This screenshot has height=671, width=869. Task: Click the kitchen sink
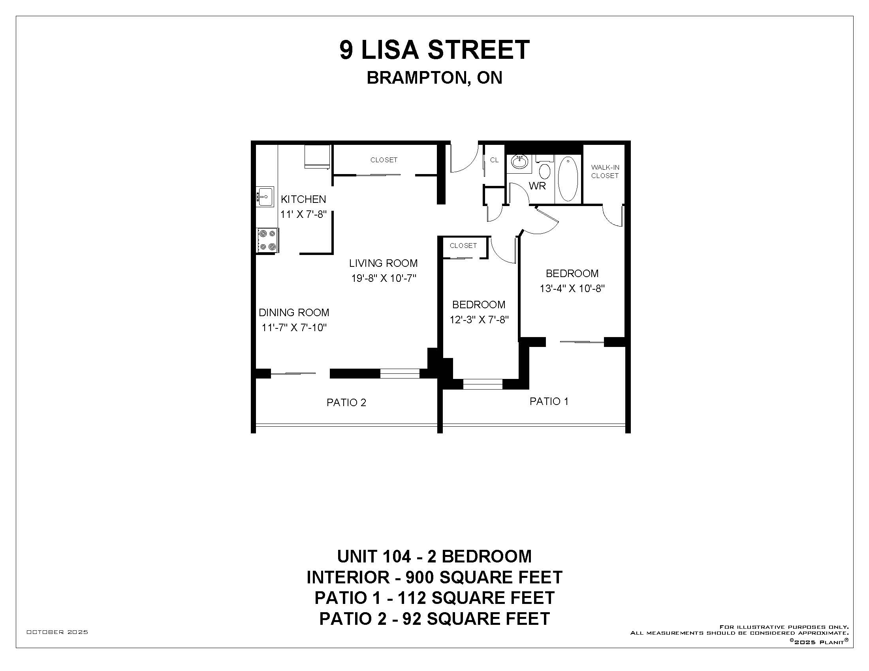pos(265,197)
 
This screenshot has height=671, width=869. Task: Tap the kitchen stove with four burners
pos(267,240)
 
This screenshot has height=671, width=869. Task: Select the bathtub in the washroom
pos(568,178)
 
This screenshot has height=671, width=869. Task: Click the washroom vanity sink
pos(519,162)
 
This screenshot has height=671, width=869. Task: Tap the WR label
pos(537,186)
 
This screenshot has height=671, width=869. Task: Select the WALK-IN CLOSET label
pos(605,171)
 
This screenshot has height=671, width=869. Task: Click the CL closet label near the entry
pos(494,160)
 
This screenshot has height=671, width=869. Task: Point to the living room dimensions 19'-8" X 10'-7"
pos(384,278)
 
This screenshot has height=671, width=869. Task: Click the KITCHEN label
pos(303,199)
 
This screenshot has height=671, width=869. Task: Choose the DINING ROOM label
pos(294,313)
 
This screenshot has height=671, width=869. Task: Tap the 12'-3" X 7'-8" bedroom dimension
pos(479,320)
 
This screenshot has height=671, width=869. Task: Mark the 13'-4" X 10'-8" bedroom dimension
pos(572,289)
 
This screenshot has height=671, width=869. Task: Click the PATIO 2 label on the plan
pos(346,403)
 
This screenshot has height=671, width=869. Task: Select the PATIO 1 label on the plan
pos(549,401)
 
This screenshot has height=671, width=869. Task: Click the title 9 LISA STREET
pos(434,50)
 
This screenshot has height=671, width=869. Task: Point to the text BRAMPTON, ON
pos(434,78)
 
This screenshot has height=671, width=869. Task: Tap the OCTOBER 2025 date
pos(57,632)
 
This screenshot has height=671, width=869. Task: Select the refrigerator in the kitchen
pos(318,157)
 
